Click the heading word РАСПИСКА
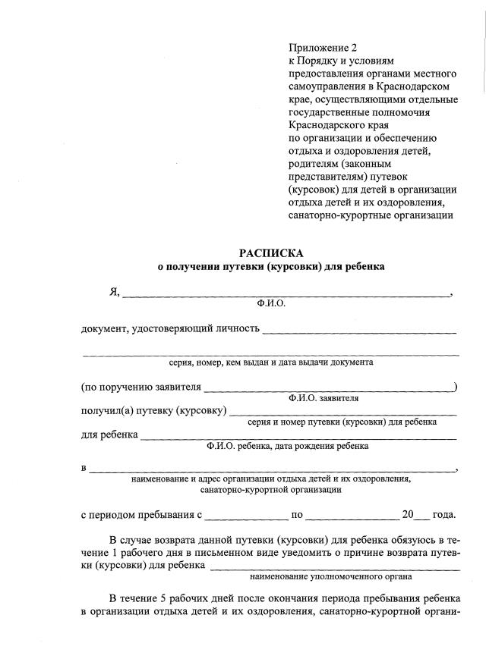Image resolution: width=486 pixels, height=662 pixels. [270, 253]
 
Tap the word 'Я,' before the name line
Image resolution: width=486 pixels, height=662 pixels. [115, 293]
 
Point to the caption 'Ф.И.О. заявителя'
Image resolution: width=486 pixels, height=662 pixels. [323, 397]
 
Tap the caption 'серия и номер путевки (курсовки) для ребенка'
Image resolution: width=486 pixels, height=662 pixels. [342, 422]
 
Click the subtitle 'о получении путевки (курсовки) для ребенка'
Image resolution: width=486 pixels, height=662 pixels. [270, 267]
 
